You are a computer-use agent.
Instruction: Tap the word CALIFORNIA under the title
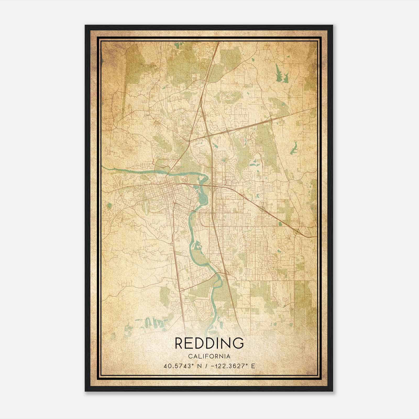(209, 356)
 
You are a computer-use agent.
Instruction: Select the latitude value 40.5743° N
(180, 366)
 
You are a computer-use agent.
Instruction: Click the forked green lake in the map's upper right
(281, 73)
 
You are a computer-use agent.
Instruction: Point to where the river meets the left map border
(102, 167)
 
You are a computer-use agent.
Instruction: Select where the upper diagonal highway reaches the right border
(316, 107)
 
